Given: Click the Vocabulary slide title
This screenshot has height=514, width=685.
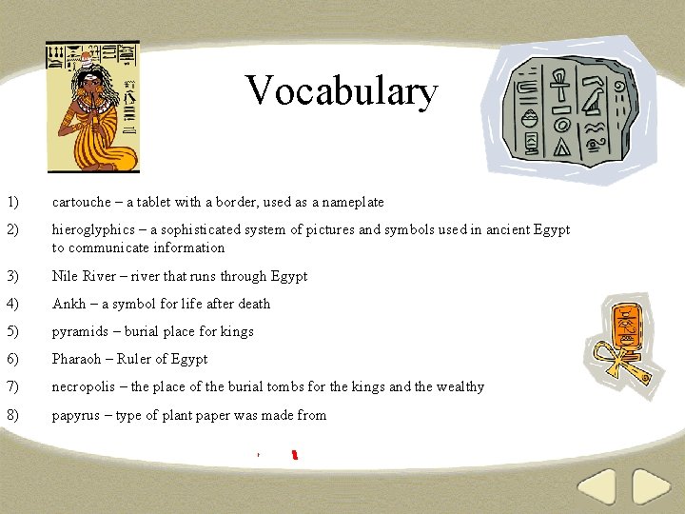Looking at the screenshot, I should (342, 91).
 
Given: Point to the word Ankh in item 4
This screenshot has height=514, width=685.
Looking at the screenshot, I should (68, 304).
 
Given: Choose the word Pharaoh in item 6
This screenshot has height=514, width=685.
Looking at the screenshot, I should (77, 359).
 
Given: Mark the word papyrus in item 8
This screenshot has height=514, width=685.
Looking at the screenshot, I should (77, 416).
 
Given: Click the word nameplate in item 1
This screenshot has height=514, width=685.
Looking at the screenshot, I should (353, 202).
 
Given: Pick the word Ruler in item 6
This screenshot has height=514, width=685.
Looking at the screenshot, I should (135, 359).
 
